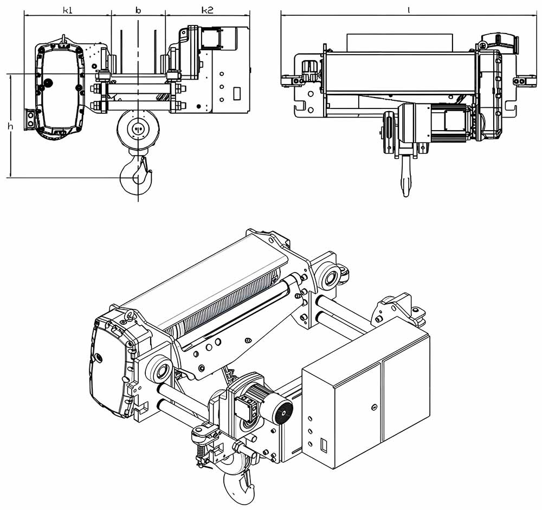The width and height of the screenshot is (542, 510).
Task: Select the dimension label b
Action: point(138,10)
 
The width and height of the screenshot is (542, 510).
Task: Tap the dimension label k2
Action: point(208,10)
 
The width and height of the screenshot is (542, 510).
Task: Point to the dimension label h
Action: point(10,126)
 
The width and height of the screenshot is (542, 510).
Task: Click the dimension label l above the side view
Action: point(408,10)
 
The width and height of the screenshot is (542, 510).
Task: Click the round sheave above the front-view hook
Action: point(138,129)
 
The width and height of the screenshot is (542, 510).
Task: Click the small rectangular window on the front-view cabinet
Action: point(236,93)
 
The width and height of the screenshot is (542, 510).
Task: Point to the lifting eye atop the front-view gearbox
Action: point(63,39)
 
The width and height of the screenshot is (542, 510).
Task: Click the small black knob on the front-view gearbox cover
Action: point(49,82)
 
